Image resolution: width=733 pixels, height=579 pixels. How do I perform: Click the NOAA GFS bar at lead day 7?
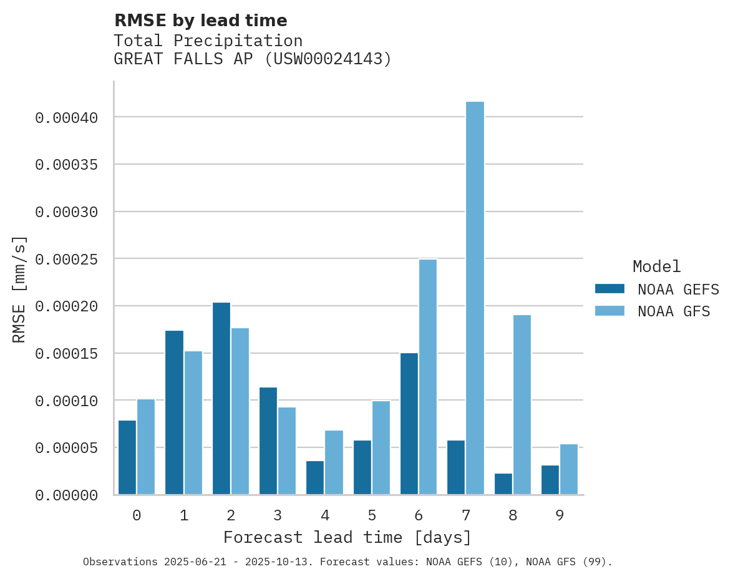475,298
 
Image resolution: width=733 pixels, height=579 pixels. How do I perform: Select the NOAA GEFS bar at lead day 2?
221,399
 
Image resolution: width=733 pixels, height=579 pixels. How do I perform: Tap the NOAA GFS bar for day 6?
428,377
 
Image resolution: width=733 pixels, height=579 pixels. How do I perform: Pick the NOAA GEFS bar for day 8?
503,484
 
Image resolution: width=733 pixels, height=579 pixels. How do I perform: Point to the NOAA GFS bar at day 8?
522,405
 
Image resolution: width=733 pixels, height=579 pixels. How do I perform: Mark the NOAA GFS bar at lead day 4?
334,462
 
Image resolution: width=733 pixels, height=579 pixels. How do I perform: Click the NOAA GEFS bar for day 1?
175,412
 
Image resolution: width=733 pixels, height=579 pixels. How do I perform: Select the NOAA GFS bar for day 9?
569,469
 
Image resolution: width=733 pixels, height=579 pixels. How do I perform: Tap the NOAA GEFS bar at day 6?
409,424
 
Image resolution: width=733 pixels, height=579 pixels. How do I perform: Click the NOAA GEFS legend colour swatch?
609,288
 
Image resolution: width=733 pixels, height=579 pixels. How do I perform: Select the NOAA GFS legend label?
674,311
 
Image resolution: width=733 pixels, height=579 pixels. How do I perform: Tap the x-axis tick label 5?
372,515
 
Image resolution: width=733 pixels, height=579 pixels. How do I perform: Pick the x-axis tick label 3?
278,515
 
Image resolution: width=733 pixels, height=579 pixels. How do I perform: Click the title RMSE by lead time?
200,21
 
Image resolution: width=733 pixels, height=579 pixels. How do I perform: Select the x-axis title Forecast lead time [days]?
347,537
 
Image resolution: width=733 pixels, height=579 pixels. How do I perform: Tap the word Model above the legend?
656,266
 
